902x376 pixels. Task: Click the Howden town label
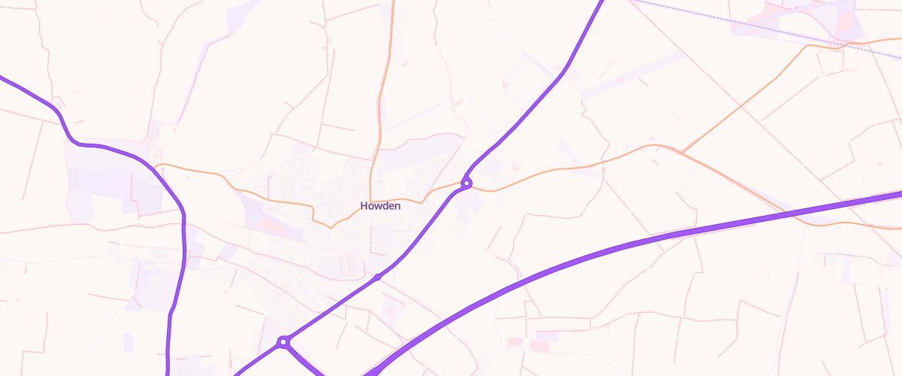tap(380, 206)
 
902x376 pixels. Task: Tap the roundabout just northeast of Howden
tap(467, 183)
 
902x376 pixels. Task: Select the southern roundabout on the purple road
tap(283, 342)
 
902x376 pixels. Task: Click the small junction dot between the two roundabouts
tap(377, 277)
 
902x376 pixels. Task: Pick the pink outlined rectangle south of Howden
tap(347, 265)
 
